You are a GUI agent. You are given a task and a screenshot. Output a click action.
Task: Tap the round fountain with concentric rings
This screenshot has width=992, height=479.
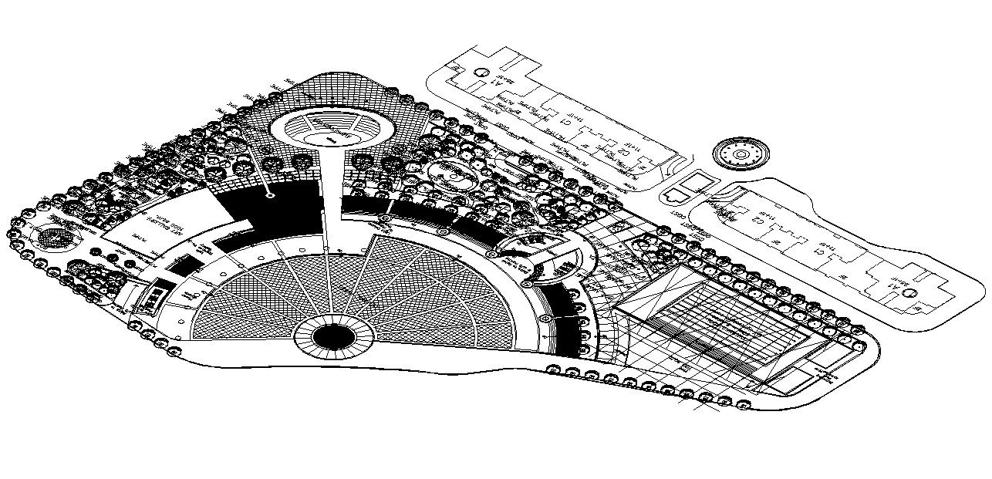pos(741,154)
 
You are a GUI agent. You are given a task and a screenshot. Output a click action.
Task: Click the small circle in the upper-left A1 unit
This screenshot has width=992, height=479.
pos(481,73)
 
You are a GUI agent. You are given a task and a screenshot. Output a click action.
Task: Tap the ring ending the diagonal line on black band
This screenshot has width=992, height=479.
pos(271,196)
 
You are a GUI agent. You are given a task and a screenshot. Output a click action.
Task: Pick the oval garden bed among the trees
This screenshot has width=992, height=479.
pos(453,176)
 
